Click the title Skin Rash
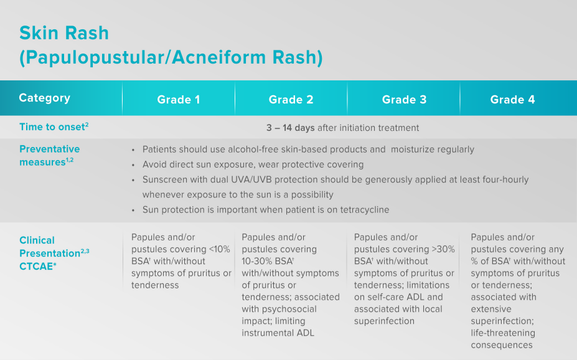tap(64, 33)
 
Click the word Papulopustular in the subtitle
tap(83, 57)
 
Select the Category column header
tap(44, 98)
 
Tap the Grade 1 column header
tap(178, 100)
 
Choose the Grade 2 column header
tap(291, 100)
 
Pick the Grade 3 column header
tap(404, 100)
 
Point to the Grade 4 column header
tap(512, 100)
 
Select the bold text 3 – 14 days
tap(290, 128)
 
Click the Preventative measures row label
tap(49, 155)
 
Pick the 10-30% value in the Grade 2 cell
tap(256, 261)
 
